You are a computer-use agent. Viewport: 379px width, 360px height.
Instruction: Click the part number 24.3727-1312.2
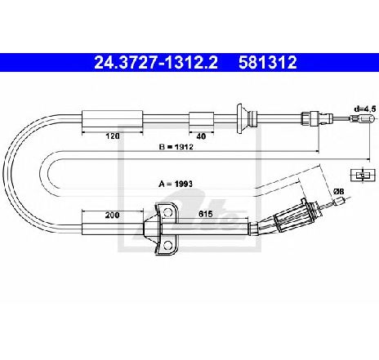tap(156, 62)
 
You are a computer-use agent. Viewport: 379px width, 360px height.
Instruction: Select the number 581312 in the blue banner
tap(267, 62)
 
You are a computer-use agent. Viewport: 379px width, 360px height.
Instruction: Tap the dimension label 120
tap(113, 136)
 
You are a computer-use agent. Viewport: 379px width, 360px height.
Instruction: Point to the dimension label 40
tap(201, 136)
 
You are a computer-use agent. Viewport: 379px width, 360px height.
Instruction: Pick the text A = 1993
tap(176, 184)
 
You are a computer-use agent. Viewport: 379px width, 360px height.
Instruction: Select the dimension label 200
tap(112, 216)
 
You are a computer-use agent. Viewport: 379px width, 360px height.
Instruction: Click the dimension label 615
tap(205, 214)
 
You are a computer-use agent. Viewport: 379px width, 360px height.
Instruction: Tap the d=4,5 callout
tap(365, 109)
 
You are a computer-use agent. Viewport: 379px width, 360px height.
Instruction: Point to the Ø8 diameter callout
tap(339, 192)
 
